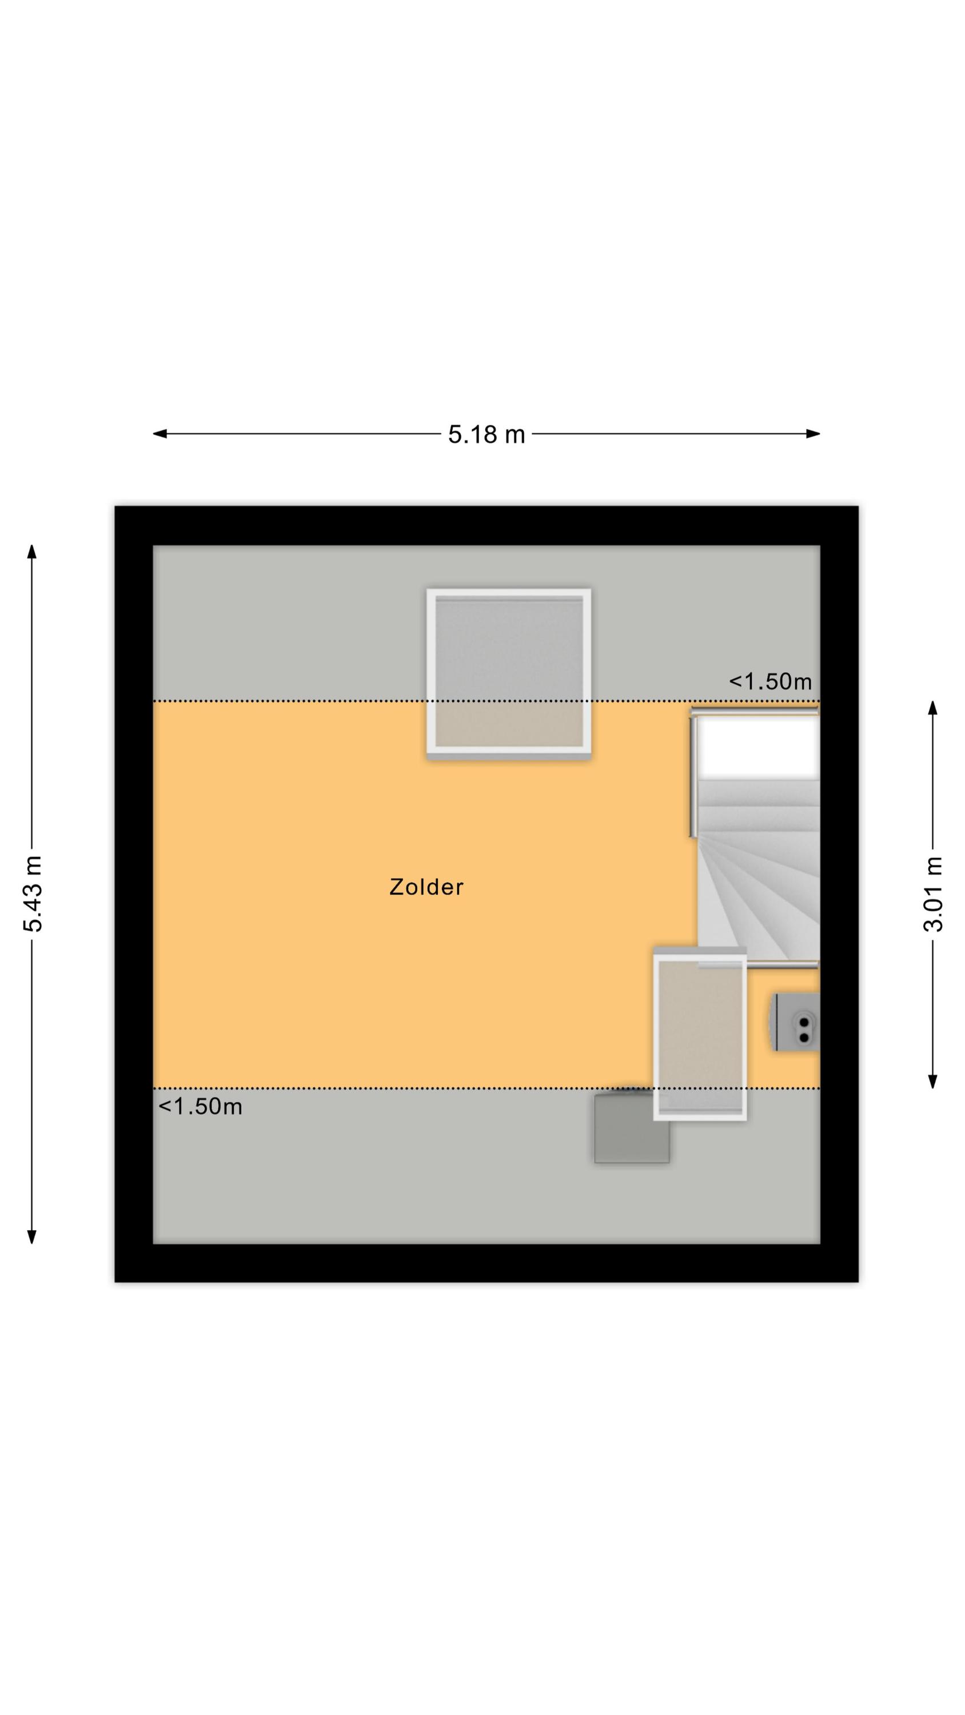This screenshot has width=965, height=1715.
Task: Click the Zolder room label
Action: point(426,887)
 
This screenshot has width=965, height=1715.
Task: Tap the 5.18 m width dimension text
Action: point(486,434)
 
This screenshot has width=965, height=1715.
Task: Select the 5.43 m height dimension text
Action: point(33,894)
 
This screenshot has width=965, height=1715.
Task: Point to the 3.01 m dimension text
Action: point(934,894)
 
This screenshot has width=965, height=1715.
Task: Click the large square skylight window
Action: point(509,674)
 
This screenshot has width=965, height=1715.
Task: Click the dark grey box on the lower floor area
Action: point(631,1128)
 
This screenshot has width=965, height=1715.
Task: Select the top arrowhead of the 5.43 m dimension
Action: point(31,552)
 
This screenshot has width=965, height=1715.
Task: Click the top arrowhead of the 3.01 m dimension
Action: point(933,708)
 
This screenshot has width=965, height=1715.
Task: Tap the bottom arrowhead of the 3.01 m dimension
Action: point(933,1081)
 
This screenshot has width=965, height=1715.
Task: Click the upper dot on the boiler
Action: point(803,1020)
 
